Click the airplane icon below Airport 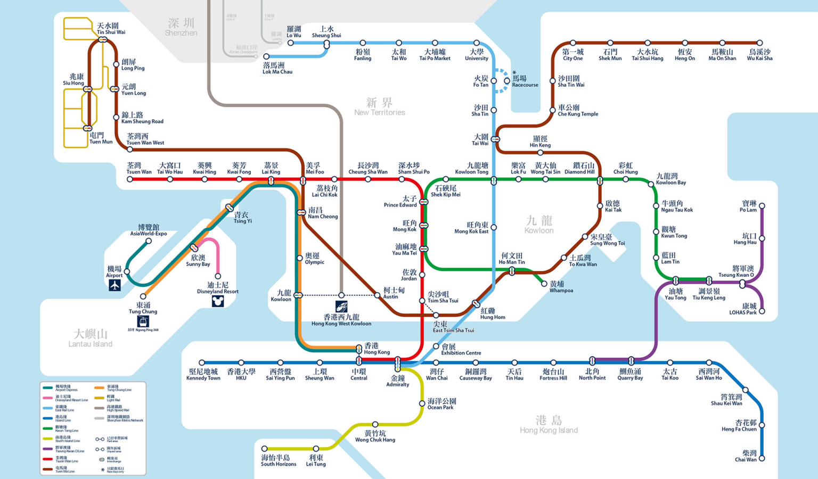click(x=114, y=285)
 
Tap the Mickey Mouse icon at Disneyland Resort click(x=218, y=301)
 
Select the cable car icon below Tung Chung click(x=143, y=321)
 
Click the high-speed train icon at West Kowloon click(x=341, y=307)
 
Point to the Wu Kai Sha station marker click(x=759, y=43)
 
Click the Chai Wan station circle click(x=762, y=458)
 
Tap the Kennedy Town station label click(x=203, y=375)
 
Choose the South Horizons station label click(x=279, y=461)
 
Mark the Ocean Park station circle click(x=422, y=403)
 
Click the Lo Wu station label click(x=294, y=32)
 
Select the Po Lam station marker click(x=762, y=206)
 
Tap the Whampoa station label click(x=561, y=287)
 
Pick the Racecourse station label click(x=525, y=81)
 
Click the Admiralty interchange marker click(x=398, y=364)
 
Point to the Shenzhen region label click(x=181, y=27)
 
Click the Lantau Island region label click(x=91, y=338)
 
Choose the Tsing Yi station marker click(x=229, y=208)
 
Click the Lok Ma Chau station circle click(x=266, y=56)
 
